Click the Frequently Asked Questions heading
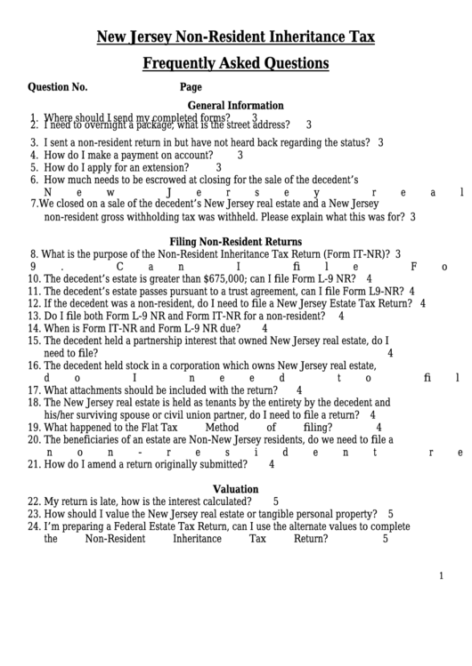pos(235,63)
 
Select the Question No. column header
pos(58,87)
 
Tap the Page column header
pos(191,87)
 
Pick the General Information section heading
pos(235,105)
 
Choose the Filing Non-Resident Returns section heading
pos(235,241)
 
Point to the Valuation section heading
pos(235,488)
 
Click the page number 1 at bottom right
pos(440,575)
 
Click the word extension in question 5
pos(183,166)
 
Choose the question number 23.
pos(35,513)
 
